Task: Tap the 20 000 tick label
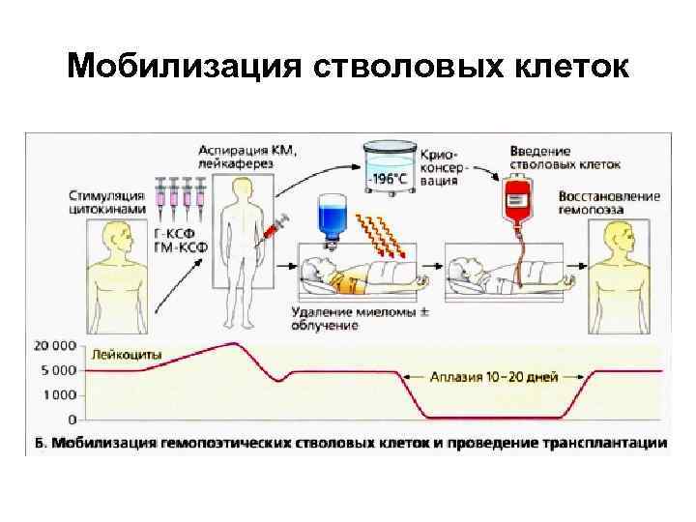[x=54, y=345]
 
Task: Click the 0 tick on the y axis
[x=72, y=420]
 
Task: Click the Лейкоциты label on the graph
[x=127, y=354]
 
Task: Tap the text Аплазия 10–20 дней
[x=493, y=376]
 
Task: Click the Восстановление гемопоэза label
[x=609, y=202]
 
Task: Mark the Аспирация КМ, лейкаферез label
[x=248, y=157]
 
